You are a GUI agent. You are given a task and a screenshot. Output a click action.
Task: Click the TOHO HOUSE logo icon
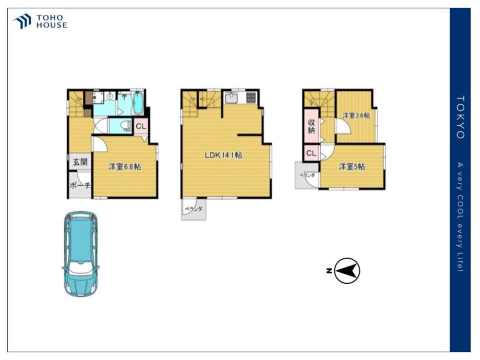pos(23,21)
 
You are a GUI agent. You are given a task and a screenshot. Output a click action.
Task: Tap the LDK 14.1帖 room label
pos(223,155)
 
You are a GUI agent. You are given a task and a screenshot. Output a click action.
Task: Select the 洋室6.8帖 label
pos(125,167)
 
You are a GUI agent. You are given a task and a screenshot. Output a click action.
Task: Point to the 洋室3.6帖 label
pos(356,115)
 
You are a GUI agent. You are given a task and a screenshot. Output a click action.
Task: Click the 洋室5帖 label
pos(351,167)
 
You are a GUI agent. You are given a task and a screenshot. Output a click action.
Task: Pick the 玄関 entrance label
pos(80,162)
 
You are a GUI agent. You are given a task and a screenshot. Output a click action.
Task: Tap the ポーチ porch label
pos(80,185)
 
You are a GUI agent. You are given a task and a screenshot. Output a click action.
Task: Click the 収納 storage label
pos(311,126)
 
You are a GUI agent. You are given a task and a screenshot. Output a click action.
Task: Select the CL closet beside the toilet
pos(141,126)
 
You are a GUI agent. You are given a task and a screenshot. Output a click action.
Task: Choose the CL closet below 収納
pos(311,153)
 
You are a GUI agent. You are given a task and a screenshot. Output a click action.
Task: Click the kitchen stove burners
pos(251,97)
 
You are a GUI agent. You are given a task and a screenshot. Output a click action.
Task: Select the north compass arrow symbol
pos(347,271)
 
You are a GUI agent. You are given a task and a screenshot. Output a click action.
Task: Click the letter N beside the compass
pos(329,271)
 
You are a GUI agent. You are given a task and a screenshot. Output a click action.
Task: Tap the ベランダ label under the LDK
pos(193,209)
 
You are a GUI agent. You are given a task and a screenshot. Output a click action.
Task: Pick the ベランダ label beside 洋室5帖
pos(307,176)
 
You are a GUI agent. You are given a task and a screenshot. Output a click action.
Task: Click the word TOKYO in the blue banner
pos(460,117)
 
